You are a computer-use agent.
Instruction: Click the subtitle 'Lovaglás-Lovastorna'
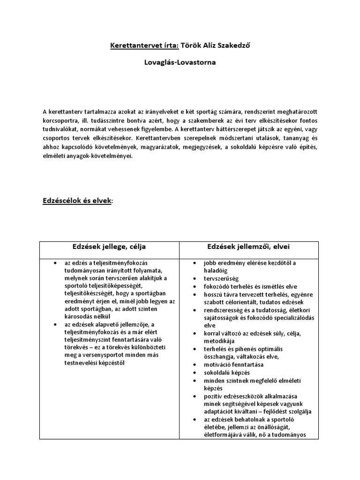(x=180, y=62)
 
